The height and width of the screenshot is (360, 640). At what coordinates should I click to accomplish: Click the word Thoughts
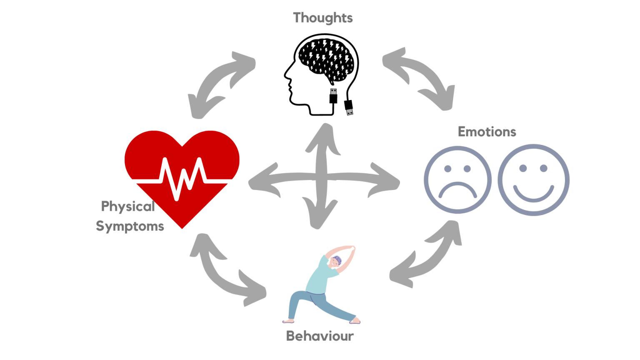322,18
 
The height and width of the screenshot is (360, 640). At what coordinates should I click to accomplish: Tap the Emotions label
487,132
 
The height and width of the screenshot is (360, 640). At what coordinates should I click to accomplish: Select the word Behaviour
320,336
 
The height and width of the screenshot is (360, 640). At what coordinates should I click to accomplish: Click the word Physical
128,206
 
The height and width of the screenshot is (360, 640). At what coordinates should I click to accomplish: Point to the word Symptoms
130,226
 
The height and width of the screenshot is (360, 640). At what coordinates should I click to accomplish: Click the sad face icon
457,180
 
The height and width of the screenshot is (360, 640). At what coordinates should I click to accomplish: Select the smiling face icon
533,180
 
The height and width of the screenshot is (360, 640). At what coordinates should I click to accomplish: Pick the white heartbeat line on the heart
182,177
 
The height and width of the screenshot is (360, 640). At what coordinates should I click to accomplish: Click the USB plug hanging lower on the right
349,107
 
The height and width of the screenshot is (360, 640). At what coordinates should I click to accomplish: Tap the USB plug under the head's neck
333,96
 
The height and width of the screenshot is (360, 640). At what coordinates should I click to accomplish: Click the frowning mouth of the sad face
457,190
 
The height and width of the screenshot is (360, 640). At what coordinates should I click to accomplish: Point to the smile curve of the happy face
533,194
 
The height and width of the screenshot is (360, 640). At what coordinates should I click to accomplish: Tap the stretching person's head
336,262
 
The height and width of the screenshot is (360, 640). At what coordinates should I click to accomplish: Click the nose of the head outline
286,75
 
